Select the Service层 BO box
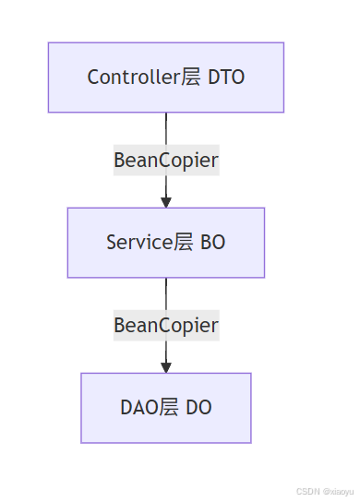(166, 243)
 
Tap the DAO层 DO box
(166, 408)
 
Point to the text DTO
(226, 78)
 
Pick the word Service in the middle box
(138, 243)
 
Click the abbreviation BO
(213, 243)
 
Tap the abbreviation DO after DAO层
(198, 408)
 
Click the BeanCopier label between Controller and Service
(166, 160)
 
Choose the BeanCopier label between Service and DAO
(166, 325)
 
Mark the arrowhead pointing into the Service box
(166, 202)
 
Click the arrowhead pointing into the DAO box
(166, 367)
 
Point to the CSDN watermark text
(307, 492)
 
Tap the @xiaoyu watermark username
(338, 492)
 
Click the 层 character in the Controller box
(191, 78)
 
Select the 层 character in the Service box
(184, 243)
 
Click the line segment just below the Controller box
(166, 127)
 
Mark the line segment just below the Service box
(166, 293)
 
